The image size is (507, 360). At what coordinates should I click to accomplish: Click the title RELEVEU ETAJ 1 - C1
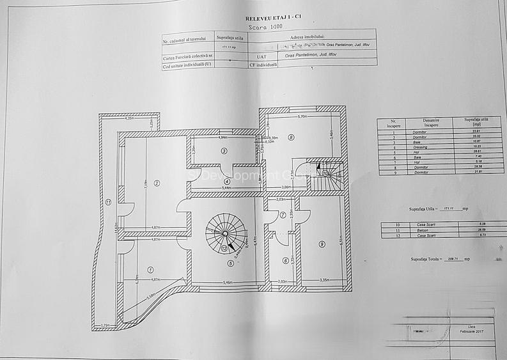[269, 19]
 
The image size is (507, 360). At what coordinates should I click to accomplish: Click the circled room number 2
[156, 183]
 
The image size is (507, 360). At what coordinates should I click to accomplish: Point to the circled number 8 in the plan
[290, 136]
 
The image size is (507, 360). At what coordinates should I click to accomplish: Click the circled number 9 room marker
[322, 243]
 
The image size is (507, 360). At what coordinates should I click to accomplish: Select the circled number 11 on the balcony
[109, 203]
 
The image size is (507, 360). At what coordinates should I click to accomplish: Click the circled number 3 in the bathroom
[224, 151]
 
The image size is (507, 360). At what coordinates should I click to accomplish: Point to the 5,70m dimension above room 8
[302, 118]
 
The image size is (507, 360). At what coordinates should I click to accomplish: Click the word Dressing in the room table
[418, 146]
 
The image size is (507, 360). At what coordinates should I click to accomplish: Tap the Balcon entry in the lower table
[418, 230]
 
